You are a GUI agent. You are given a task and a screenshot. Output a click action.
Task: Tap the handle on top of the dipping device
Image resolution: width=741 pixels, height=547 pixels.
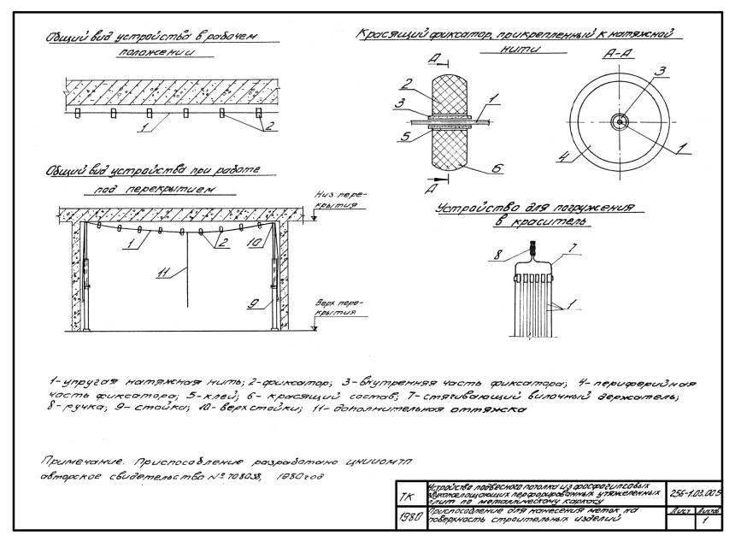[531, 250]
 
